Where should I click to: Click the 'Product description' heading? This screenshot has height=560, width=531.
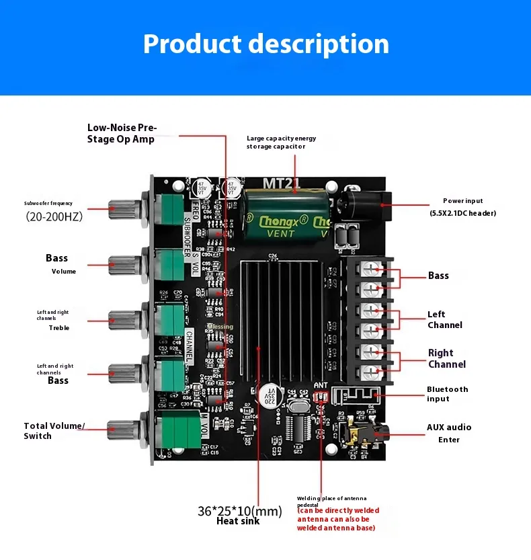coord(265,44)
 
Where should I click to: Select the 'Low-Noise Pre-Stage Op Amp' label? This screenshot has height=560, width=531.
coord(121,133)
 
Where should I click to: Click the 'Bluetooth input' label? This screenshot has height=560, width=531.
coord(447,394)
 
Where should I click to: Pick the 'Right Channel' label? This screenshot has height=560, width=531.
coord(447,358)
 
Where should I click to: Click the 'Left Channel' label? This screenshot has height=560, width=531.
coord(445,319)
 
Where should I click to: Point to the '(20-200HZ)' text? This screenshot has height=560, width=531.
coord(54,216)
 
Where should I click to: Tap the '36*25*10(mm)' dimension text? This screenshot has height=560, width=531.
coord(239,512)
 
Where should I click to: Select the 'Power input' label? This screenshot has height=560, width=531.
coord(462,201)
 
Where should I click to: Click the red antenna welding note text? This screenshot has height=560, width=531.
coord(337,519)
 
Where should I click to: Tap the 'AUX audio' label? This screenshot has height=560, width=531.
coord(449,427)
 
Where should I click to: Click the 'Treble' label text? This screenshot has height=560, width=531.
coord(59,328)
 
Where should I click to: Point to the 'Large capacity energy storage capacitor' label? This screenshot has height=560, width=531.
coord(281,142)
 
